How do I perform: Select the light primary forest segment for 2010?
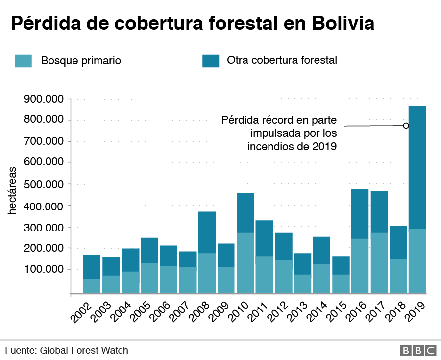(245, 262)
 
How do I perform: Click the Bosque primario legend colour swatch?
(24, 61)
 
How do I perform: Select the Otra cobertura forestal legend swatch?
(211, 61)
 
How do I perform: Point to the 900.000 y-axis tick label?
(44, 99)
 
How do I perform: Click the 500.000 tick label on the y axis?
(44, 184)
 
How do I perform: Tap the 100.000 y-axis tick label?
(44, 269)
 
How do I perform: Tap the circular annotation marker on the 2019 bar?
(406, 126)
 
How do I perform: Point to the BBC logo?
(418, 350)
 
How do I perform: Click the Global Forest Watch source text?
(84, 350)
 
